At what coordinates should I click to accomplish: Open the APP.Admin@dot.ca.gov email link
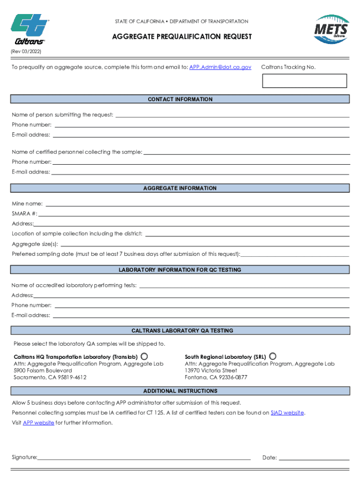click(220, 67)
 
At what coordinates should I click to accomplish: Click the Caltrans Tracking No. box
click(304, 80)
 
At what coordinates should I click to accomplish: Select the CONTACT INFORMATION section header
click(180, 99)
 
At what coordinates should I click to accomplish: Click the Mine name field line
click(197, 204)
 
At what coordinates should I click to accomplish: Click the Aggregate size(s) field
click(205, 245)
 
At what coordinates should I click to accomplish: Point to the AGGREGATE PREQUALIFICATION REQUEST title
click(181, 36)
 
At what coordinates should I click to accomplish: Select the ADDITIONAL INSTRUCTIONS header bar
click(180, 391)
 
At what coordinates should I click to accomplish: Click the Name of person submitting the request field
click(232, 116)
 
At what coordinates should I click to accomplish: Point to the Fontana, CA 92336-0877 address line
click(216, 377)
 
